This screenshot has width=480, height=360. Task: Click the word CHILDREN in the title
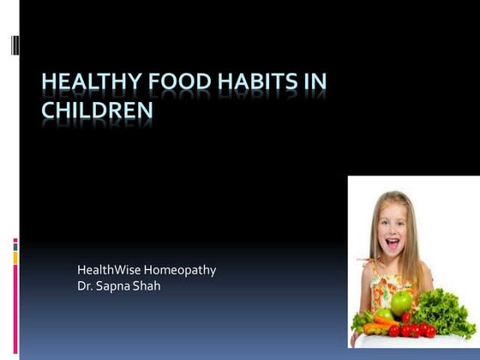98,111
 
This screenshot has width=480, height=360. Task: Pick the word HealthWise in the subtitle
107,270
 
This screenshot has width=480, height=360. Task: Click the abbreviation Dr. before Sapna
85,285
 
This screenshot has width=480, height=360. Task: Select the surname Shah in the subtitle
146,285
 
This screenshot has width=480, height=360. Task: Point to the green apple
402,302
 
